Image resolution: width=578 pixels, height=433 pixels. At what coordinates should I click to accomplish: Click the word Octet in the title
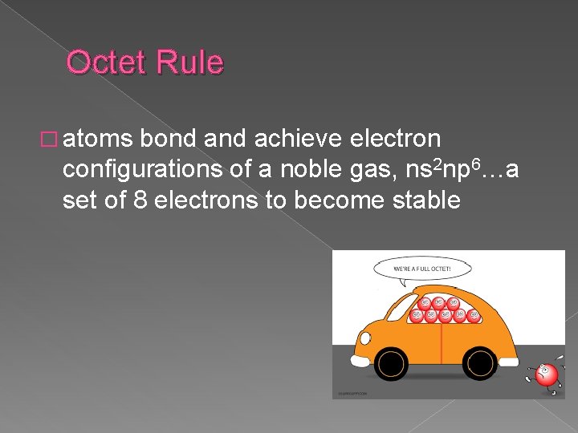(x=105, y=63)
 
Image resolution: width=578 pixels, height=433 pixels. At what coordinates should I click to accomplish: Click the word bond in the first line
(x=169, y=140)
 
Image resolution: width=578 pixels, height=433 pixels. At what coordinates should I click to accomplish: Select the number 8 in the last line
(x=139, y=200)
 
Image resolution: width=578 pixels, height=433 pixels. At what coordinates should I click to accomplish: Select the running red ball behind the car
(x=546, y=374)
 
